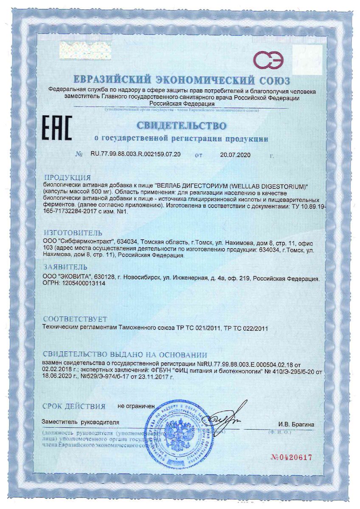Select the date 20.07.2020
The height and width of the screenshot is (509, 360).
point(236,155)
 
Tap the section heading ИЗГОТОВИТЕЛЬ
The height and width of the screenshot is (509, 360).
point(73,233)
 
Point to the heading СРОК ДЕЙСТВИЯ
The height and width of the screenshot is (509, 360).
point(73,406)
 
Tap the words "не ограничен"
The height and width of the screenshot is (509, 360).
point(136,406)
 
